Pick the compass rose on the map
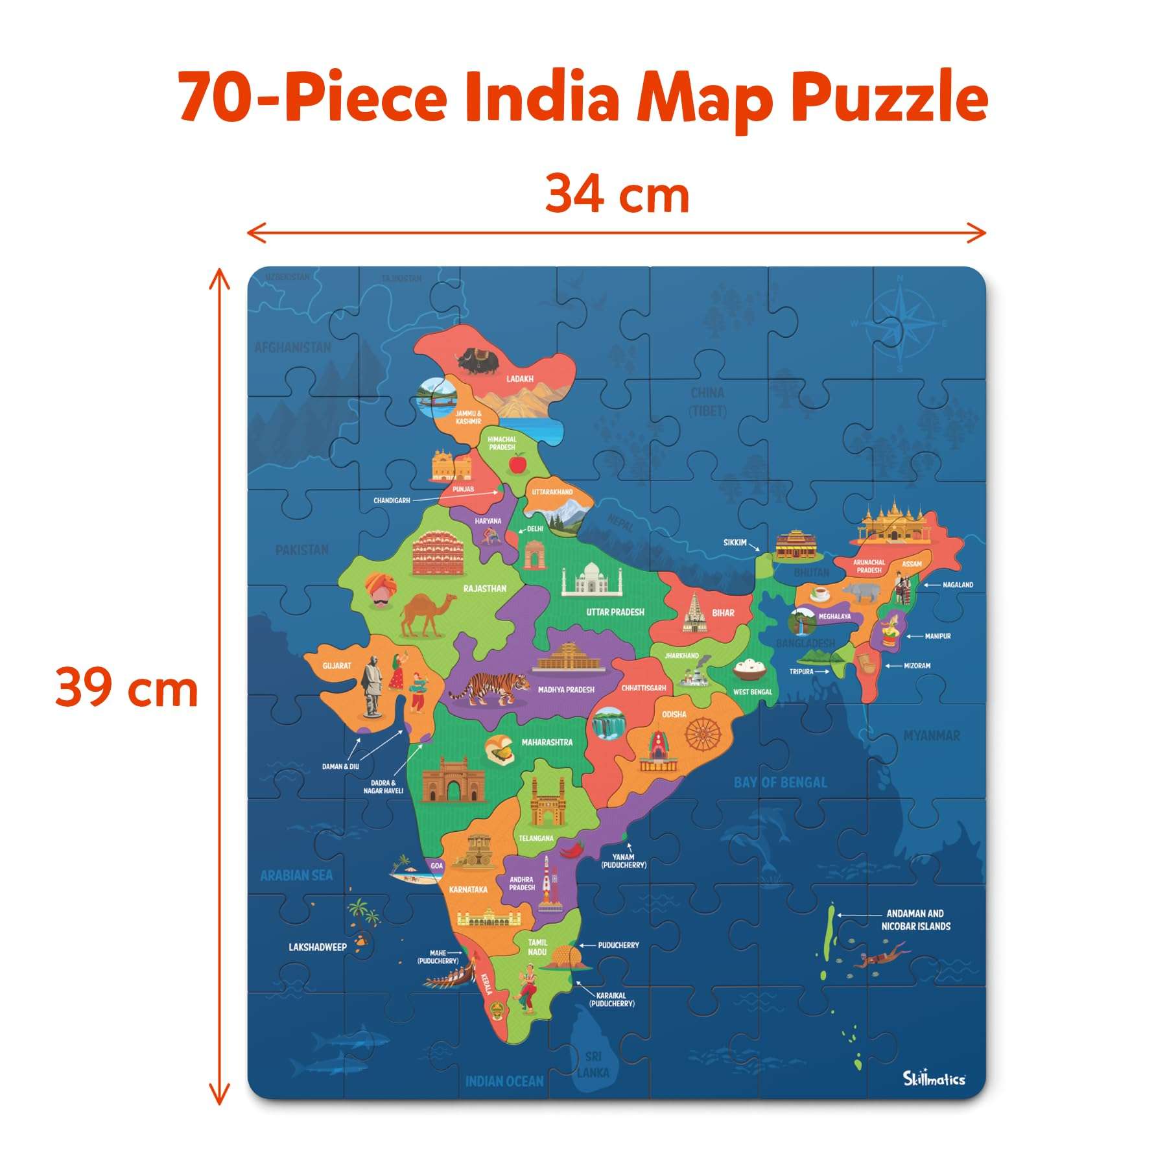click(x=901, y=324)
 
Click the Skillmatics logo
click(x=934, y=1078)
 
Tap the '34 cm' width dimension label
click(x=617, y=194)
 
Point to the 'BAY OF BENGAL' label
click(x=780, y=783)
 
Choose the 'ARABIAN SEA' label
click(x=296, y=875)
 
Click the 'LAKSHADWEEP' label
click(x=318, y=947)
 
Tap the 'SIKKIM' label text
click(x=735, y=542)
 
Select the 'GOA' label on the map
click(x=437, y=866)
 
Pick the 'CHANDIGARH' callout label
click(x=392, y=501)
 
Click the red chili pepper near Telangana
click(x=572, y=848)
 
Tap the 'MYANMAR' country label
click(x=932, y=736)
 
